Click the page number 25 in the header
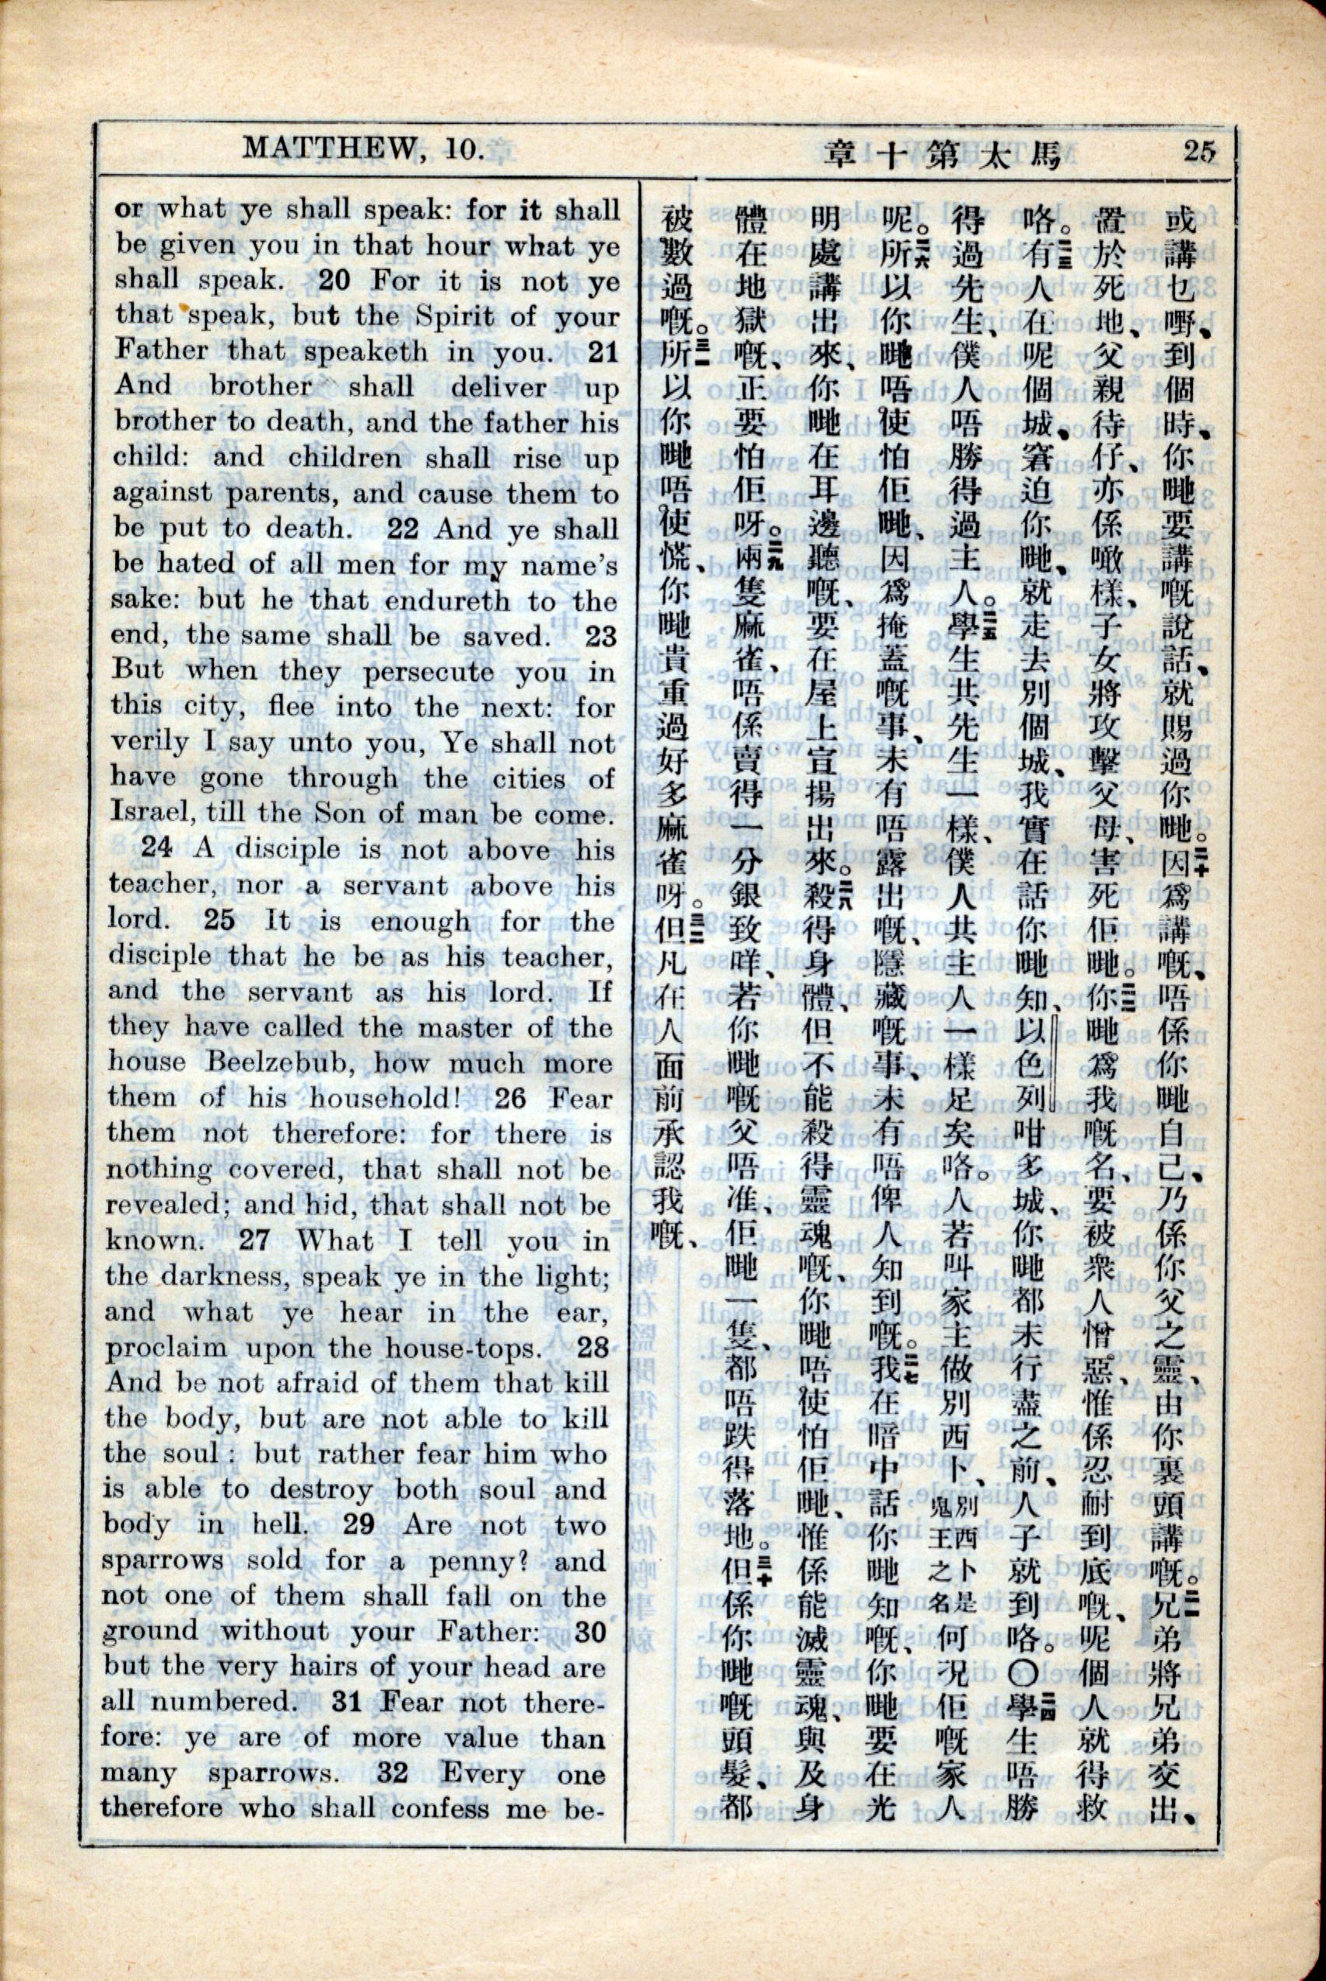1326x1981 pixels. click(x=1199, y=152)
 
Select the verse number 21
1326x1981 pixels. click(x=603, y=351)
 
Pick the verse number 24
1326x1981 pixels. click(x=156, y=848)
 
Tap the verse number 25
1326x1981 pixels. click(x=219, y=920)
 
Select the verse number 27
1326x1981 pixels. click(x=254, y=1241)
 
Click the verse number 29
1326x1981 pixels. click(x=359, y=1525)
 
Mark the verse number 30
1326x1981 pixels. click(x=590, y=1632)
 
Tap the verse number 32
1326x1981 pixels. click(x=393, y=1774)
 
